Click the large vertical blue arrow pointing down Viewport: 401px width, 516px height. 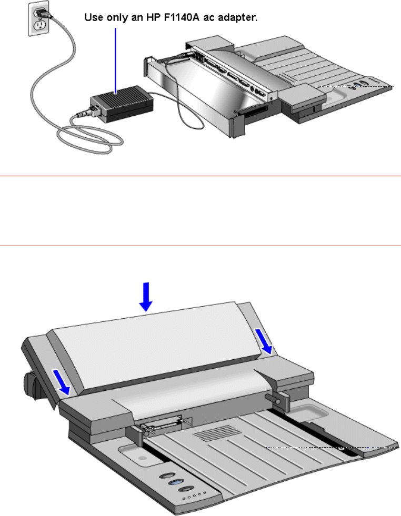[x=146, y=297]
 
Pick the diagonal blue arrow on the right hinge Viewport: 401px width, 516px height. [x=264, y=341]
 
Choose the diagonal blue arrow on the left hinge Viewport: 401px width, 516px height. [x=62, y=382]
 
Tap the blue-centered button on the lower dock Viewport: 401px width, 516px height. [x=176, y=483]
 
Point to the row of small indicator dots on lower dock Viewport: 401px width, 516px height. [x=195, y=495]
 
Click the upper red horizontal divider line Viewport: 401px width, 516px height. [x=200, y=176]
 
